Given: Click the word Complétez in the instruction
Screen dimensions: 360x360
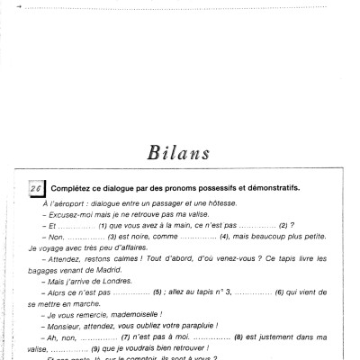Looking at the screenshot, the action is pyautogui.click(x=73, y=188).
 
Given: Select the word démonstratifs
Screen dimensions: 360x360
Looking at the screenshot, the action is pyautogui.click(x=269, y=188).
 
